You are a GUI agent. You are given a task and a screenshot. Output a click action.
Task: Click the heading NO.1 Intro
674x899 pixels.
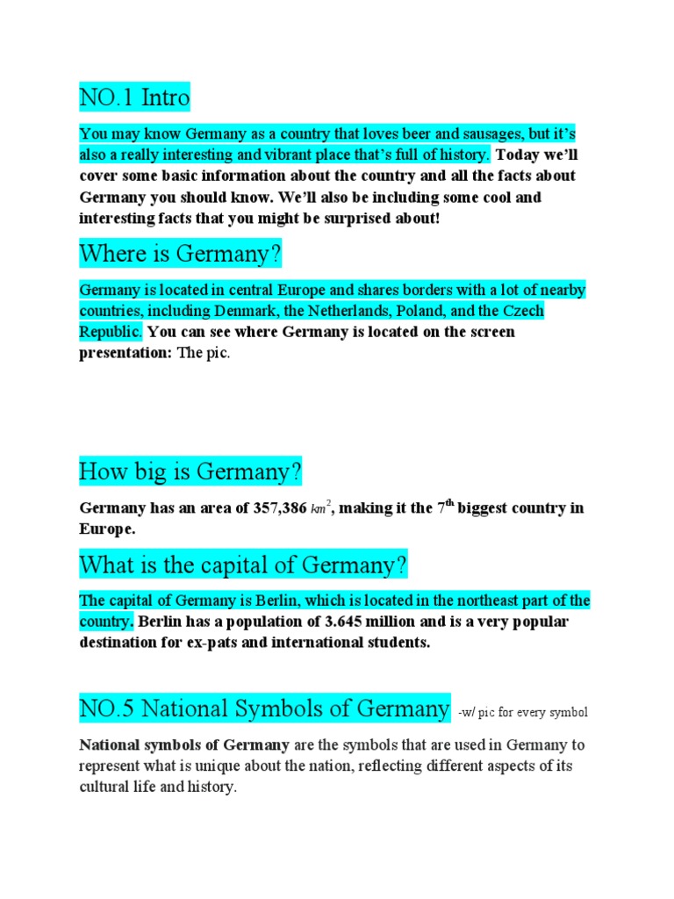(134, 97)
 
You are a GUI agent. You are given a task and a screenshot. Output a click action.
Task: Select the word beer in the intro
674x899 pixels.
(401, 134)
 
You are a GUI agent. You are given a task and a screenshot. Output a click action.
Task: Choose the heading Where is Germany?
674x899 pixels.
(181, 255)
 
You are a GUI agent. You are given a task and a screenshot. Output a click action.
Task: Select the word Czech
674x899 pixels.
(523, 311)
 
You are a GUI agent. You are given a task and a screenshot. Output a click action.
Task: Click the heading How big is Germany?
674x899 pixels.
(190, 472)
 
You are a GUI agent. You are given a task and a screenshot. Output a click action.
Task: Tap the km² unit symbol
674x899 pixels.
(322, 508)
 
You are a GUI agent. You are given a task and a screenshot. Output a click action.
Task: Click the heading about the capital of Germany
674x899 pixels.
(244, 565)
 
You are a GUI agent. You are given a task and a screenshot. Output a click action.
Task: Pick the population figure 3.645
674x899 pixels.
(350, 622)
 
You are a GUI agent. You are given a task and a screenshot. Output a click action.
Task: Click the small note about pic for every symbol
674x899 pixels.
(523, 712)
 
